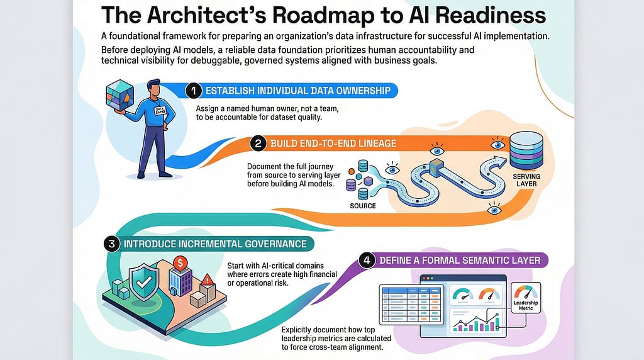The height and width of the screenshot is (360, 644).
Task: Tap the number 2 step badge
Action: [x=258, y=143]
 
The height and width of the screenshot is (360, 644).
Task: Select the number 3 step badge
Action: [x=111, y=244]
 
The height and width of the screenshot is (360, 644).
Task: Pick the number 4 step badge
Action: [x=367, y=260]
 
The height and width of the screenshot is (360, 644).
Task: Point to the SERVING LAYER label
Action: [x=526, y=180]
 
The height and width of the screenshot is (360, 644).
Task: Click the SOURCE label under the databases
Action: [x=363, y=206]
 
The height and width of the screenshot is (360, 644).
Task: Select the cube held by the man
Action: [x=119, y=95]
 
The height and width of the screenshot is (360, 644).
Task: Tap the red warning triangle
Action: [x=208, y=280]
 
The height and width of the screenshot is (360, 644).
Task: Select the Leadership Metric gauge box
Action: [x=526, y=298]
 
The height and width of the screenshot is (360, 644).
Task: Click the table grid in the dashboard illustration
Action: [x=411, y=305]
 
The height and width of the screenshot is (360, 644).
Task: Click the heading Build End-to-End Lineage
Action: [x=333, y=143]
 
